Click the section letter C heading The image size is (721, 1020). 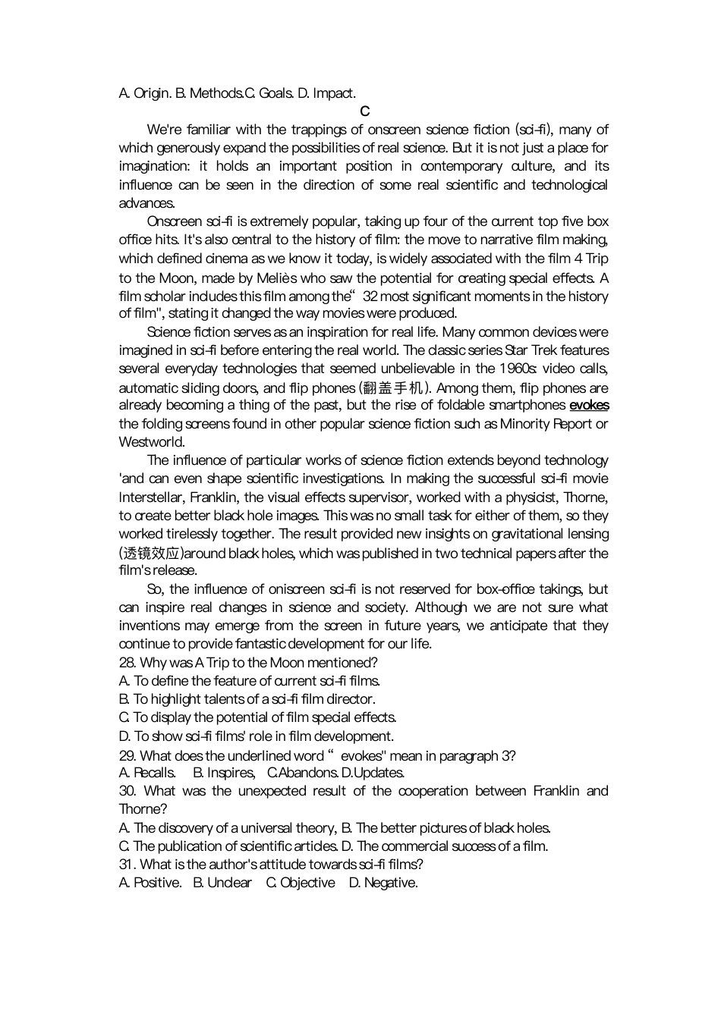click(364, 111)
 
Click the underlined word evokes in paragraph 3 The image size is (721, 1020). click(589, 405)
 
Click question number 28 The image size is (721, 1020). click(128, 662)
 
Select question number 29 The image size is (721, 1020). click(128, 755)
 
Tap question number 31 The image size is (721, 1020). click(128, 864)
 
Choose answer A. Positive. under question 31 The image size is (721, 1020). click(150, 882)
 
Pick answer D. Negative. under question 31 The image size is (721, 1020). click(383, 882)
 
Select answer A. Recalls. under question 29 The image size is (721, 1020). click(147, 772)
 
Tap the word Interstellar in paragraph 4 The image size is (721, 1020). click(150, 497)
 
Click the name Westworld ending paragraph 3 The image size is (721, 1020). click(151, 441)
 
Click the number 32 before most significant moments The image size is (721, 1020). click(370, 296)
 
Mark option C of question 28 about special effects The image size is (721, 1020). click(258, 717)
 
